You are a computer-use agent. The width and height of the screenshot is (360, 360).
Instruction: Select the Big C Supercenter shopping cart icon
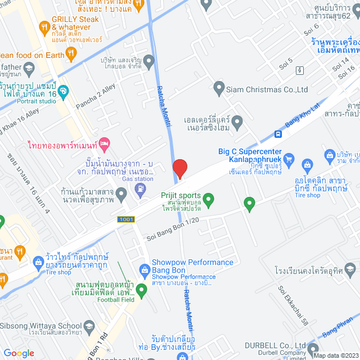[x=289, y=159]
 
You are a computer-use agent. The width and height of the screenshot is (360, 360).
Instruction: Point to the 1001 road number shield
[x=125, y=219]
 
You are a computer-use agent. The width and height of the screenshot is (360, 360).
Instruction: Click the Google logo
[x=19, y=353]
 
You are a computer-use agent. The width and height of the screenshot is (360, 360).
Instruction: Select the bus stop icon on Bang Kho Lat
[x=278, y=134]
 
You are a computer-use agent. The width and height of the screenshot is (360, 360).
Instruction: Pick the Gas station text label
[x=138, y=179]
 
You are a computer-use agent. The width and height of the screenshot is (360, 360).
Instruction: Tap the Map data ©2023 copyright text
[x=335, y=355]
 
